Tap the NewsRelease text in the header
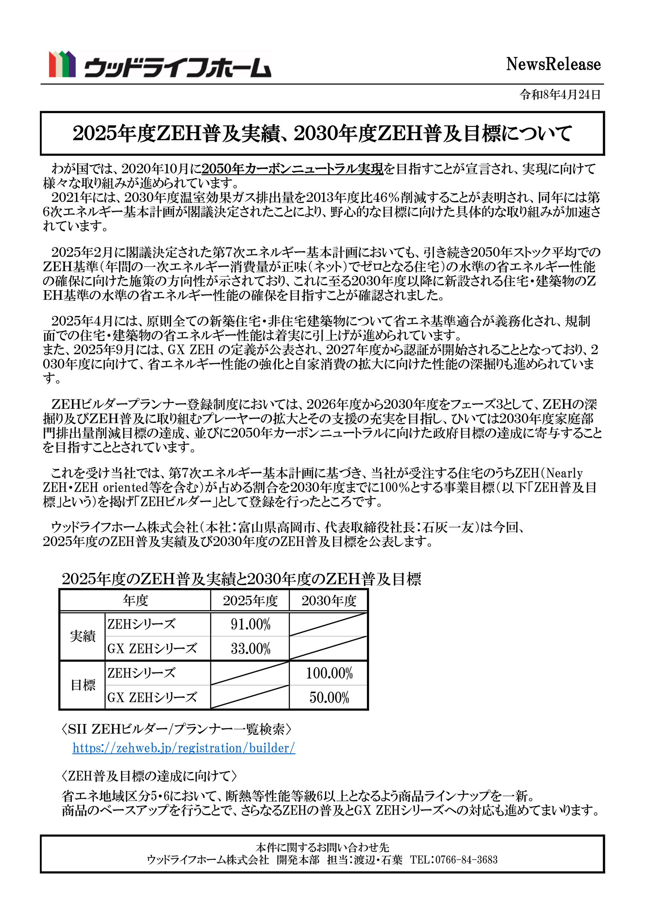(x=553, y=65)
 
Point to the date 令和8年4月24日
(x=560, y=95)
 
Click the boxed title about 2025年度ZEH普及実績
(x=322, y=134)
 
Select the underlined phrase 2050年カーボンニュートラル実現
(x=292, y=169)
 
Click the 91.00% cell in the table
(x=250, y=624)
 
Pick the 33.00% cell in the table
(x=250, y=649)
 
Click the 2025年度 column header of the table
(x=250, y=600)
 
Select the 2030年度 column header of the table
(x=328, y=600)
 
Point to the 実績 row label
(x=83, y=636)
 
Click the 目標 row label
(x=83, y=685)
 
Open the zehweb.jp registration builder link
(x=184, y=748)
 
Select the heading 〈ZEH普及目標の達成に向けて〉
(x=149, y=776)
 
